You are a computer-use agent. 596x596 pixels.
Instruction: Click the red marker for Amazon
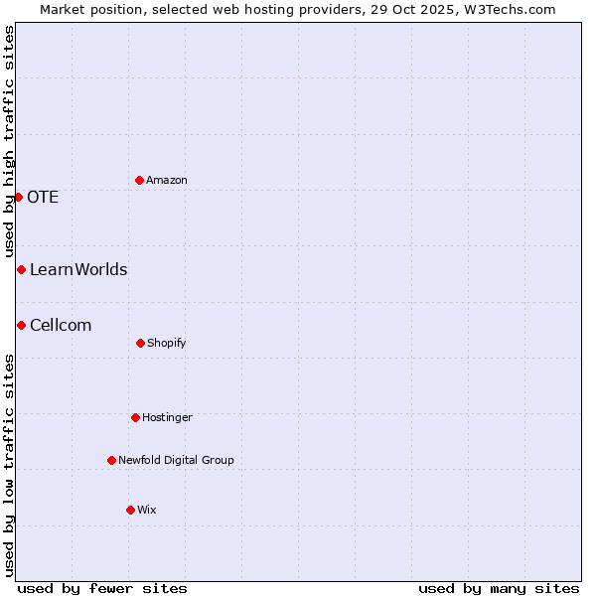pos(139,180)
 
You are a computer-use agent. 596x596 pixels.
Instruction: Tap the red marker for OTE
pos(18,197)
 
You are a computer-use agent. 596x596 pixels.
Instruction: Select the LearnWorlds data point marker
pos(21,269)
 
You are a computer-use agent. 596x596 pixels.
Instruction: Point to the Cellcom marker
pos(21,325)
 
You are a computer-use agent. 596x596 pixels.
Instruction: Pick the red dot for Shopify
pos(140,343)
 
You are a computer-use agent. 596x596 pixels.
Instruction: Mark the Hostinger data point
pos(135,417)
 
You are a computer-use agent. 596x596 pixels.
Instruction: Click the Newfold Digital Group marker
pos(111,460)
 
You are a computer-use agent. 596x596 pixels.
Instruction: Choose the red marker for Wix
pos(130,510)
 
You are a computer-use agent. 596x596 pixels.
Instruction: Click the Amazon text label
pos(167,180)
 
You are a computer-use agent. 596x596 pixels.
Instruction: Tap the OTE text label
pos(43,197)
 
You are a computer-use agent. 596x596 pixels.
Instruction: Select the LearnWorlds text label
pos(78,269)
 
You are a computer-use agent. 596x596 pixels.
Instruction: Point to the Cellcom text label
pos(61,325)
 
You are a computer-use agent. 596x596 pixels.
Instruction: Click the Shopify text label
pos(167,343)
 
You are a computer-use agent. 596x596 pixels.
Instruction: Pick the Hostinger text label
pos(167,417)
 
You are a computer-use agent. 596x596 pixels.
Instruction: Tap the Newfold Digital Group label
pos(176,460)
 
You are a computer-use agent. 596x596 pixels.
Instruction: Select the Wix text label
pos(147,510)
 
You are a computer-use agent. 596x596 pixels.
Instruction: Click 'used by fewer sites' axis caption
pos(102,588)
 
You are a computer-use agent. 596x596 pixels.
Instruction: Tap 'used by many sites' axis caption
pos(499,588)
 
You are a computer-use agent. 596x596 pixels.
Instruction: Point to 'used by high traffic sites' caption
pos(9,141)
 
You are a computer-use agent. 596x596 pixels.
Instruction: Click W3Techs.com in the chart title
pos(505,9)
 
